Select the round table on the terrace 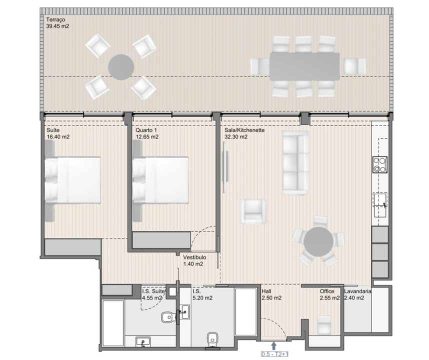point(121,67)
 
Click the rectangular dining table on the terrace point(304,66)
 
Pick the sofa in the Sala point(295,162)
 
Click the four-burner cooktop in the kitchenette point(379,164)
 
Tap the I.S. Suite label point(153,291)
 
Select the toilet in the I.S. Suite point(167,316)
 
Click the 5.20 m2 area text point(202,298)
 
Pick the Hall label point(267,291)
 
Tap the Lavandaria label point(358,291)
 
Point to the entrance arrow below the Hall point(273,345)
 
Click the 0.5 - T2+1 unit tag point(274,354)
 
